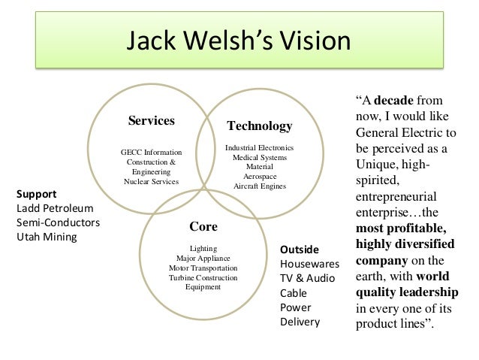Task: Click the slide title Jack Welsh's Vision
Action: [239, 41]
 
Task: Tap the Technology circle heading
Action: [259, 126]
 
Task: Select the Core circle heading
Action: [203, 225]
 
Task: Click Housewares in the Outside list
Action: [309, 264]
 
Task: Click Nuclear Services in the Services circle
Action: [151, 181]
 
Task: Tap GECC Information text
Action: [151, 153]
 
